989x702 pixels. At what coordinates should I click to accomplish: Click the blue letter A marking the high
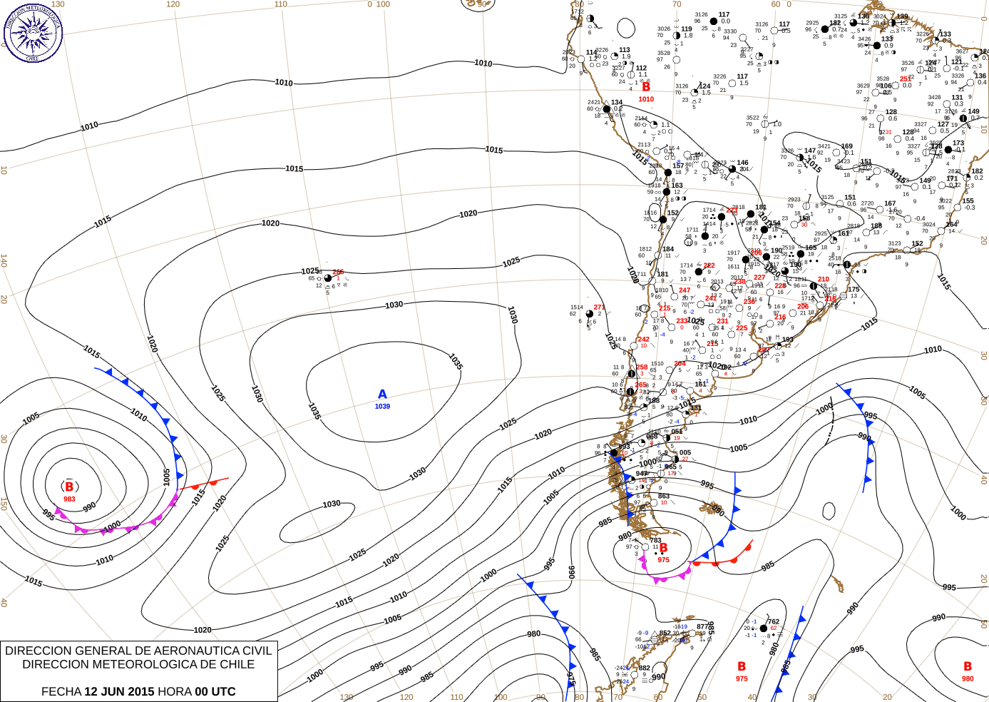tap(382, 395)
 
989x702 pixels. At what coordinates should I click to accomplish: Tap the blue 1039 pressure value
tap(382, 407)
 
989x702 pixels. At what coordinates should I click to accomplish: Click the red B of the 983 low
tap(69, 487)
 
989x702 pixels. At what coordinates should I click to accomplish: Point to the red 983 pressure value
tap(69, 499)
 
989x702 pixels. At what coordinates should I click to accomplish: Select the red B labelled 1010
tap(646, 87)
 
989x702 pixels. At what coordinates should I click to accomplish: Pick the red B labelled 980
tap(968, 666)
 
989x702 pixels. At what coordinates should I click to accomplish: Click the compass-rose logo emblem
tap(33, 33)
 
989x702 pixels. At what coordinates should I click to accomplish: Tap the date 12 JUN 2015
tap(119, 691)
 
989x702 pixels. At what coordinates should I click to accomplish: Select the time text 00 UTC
tap(215, 691)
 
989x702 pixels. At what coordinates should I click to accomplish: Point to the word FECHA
tap(61, 691)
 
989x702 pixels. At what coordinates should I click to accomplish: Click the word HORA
tap(175, 691)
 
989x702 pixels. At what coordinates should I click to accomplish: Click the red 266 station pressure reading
tap(338, 272)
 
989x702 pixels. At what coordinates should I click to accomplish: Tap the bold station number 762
tap(773, 621)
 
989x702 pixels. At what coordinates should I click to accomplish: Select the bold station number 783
tap(655, 541)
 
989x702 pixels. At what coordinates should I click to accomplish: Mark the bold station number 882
tap(645, 668)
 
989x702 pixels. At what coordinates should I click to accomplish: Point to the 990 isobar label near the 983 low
tap(89, 507)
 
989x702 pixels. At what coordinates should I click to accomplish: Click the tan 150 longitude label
tap(4, 503)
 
